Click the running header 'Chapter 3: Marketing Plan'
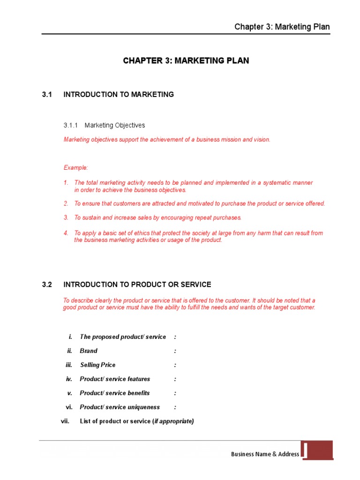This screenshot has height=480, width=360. pyautogui.click(x=282, y=27)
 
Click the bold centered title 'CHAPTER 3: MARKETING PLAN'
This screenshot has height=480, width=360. pyautogui.click(x=186, y=61)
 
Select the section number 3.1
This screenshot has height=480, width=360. pyautogui.click(x=46, y=95)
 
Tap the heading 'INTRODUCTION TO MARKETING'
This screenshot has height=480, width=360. pyautogui.click(x=119, y=95)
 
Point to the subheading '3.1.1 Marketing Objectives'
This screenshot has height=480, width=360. pyautogui.click(x=104, y=126)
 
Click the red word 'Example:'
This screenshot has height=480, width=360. pyautogui.click(x=75, y=168)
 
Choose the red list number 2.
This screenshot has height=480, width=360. pyautogui.click(x=66, y=203)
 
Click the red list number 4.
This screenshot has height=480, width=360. pyautogui.click(x=66, y=233)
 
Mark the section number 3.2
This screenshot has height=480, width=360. pyautogui.click(x=46, y=285)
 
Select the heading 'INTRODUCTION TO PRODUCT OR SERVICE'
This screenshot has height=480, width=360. pyautogui.click(x=137, y=285)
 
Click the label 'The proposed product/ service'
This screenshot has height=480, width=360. pyautogui.click(x=123, y=337)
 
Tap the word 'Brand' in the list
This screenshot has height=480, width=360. pyautogui.click(x=89, y=351)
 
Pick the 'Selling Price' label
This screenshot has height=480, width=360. pyautogui.click(x=97, y=365)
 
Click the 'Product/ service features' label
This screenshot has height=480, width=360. pyautogui.click(x=115, y=379)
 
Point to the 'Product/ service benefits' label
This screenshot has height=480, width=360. pyautogui.click(x=115, y=393)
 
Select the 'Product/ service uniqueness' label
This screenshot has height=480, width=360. pyautogui.click(x=120, y=407)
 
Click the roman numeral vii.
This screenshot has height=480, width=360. pyautogui.click(x=65, y=421)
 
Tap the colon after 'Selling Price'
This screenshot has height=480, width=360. pyautogui.click(x=175, y=365)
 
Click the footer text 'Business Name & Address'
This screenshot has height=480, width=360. pyautogui.click(x=265, y=454)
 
